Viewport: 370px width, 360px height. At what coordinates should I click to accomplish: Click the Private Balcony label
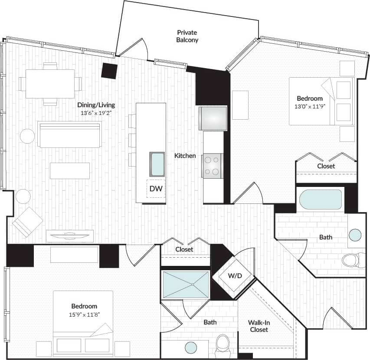coord(187,36)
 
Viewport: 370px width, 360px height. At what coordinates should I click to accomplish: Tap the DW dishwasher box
coord(156,189)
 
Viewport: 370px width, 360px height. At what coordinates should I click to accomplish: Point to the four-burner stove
coord(212,166)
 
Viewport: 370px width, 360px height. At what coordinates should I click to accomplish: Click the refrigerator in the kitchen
coord(213,118)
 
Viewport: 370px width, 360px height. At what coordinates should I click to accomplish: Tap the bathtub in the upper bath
coord(321,199)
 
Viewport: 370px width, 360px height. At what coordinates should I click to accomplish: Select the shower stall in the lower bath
coord(185,285)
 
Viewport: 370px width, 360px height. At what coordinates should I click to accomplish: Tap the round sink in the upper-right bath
coord(355,235)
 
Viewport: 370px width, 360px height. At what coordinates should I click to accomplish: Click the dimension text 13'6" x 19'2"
coord(96,113)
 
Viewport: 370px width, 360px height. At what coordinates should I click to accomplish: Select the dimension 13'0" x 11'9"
coord(310,106)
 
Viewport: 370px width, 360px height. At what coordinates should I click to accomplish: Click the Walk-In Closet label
coord(258,326)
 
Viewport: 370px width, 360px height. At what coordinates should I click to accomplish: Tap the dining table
coord(50,84)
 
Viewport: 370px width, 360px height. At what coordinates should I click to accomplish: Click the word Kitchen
coord(185,156)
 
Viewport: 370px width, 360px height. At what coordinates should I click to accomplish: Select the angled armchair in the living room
coord(27,222)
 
